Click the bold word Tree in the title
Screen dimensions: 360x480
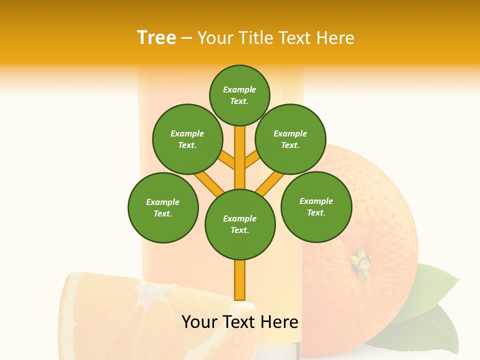pyautogui.click(x=156, y=38)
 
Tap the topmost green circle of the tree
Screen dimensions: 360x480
pyautogui.click(x=239, y=95)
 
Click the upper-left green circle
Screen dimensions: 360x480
pyautogui.click(x=187, y=139)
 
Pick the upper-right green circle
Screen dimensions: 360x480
pyautogui.click(x=290, y=139)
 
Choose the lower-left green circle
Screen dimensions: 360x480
pyautogui.click(x=163, y=207)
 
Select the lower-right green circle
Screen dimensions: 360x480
pyautogui.click(x=316, y=206)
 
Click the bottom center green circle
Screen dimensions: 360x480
pyautogui.click(x=240, y=224)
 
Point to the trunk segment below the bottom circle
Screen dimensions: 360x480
pyautogui.click(x=240, y=280)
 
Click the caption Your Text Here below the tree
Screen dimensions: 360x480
pyautogui.click(x=240, y=322)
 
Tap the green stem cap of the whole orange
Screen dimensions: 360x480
pyautogui.click(x=361, y=260)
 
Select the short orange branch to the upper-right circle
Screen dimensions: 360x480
pyautogui.click(x=252, y=160)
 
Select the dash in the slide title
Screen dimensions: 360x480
pyautogui.click(x=186, y=38)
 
